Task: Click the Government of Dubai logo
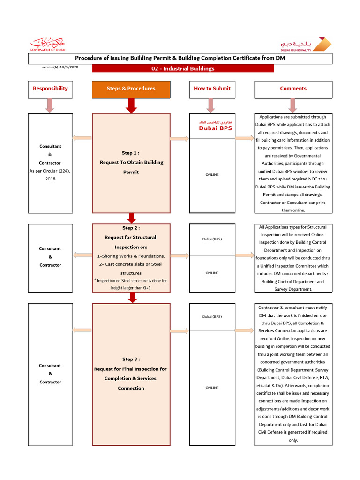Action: pos(48,44)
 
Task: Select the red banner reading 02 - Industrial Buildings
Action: pos(183,68)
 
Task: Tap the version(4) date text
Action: pos(60,67)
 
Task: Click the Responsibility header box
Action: pos(50,89)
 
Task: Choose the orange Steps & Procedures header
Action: pos(131,89)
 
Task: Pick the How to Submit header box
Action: pos(212,89)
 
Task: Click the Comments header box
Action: pos(293,89)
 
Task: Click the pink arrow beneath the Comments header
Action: pos(293,105)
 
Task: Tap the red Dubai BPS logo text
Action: pos(215,128)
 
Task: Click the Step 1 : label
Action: pos(131,153)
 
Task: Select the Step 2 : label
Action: pos(131,228)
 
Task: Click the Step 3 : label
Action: pos(131,360)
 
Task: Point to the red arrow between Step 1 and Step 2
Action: pos(131,217)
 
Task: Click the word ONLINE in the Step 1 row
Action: pos(212,175)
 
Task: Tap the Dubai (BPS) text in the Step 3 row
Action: pos(212,317)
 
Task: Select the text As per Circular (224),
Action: pos(50,171)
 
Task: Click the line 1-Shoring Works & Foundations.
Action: pos(131,256)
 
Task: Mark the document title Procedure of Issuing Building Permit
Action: pos(180,58)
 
